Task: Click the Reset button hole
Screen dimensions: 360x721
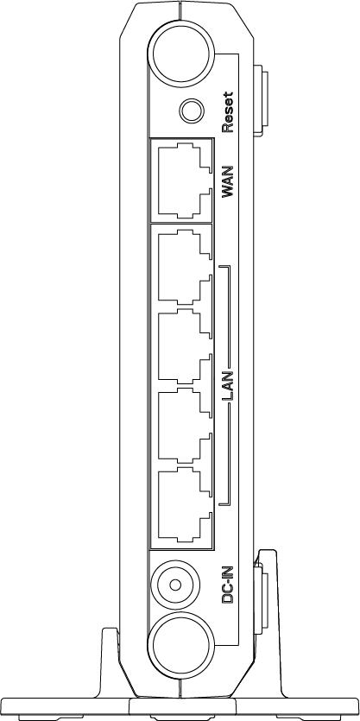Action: coord(192,111)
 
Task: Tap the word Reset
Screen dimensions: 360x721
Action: coord(228,112)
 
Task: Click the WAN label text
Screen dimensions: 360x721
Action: coord(228,181)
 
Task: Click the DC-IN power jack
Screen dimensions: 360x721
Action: coord(175,585)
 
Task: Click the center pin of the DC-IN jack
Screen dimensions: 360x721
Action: coord(175,585)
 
